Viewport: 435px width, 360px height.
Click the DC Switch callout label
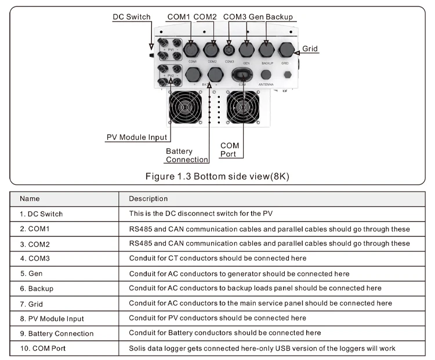click(x=132, y=17)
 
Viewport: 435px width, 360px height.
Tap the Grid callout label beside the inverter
click(x=310, y=49)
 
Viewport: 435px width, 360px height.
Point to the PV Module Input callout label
click(x=136, y=138)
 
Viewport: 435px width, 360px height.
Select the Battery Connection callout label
click(x=187, y=156)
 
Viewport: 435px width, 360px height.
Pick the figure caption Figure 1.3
click(x=217, y=176)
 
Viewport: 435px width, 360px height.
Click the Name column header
click(x=30, y=199)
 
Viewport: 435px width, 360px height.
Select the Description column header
click(x=148, y=199)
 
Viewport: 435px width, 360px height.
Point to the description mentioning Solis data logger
click(x=270, y=348)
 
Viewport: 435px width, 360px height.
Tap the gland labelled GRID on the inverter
click(x=285, y=50)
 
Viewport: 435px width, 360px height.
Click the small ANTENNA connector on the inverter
click(x=266, y=75)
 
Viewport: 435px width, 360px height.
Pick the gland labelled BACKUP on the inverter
click(x=267, y=50)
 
